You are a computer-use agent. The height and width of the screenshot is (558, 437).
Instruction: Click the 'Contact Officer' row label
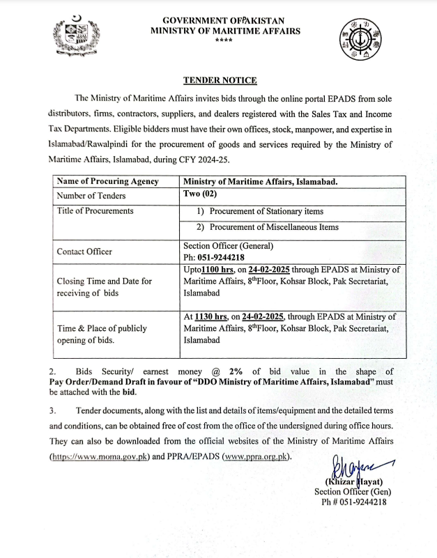tap(84, 251)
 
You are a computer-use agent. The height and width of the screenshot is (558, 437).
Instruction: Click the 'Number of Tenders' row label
tap(92, 196)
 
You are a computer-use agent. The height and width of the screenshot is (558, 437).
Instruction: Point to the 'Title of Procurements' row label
tap(95, 210)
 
